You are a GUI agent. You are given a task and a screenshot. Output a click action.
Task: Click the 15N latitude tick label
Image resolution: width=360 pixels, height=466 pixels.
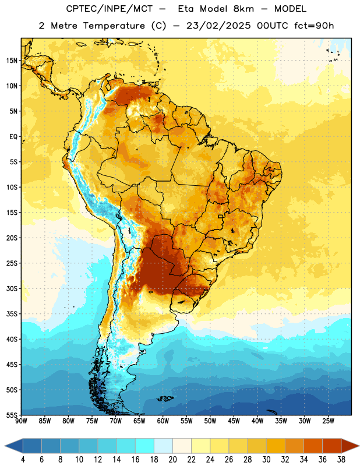pos(12,61)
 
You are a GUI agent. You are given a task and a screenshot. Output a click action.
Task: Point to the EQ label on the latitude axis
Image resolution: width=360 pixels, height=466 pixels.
pos(13,137)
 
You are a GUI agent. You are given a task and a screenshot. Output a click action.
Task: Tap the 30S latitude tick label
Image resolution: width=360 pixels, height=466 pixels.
pos(12,288)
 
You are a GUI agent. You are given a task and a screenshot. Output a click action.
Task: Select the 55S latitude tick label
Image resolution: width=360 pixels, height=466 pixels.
pos(12,415)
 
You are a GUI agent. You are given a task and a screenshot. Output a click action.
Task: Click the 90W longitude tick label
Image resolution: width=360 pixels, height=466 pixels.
pos(22,421)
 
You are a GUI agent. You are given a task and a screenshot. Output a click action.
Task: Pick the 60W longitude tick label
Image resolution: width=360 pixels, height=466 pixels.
pos(163,421)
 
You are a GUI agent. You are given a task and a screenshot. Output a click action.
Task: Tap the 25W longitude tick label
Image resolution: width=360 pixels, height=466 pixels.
pos(328,421)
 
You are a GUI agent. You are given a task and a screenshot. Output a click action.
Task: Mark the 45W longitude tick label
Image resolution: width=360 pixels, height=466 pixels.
pos(234,421)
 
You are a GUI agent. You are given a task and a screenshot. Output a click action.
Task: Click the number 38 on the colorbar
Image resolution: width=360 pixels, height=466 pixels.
pos(341,460)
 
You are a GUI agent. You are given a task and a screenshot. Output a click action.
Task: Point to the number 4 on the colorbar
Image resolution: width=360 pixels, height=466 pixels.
pos(23,460)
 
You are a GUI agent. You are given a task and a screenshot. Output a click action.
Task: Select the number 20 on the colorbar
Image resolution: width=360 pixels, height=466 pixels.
pos(172,460)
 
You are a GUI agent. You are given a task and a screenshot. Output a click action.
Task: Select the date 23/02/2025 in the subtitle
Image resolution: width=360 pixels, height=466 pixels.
pos(218,26)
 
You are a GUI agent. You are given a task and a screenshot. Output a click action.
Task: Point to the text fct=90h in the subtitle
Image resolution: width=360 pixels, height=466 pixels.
pos(314,26)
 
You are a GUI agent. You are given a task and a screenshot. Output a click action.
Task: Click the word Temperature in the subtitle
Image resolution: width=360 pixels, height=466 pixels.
pos(114,26)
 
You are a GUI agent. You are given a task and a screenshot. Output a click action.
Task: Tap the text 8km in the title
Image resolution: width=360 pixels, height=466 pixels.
pos(243,9)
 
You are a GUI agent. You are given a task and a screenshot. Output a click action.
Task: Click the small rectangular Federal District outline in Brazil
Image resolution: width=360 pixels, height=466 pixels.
pos(221,217)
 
